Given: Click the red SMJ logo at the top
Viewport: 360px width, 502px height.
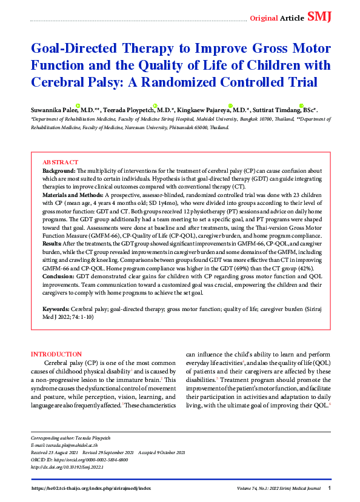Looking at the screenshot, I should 319,16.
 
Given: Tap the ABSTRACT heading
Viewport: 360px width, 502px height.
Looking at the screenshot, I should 60,162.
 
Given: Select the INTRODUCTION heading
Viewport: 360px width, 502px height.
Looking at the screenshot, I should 56,354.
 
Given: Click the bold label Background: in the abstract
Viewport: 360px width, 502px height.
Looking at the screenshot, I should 59,171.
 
